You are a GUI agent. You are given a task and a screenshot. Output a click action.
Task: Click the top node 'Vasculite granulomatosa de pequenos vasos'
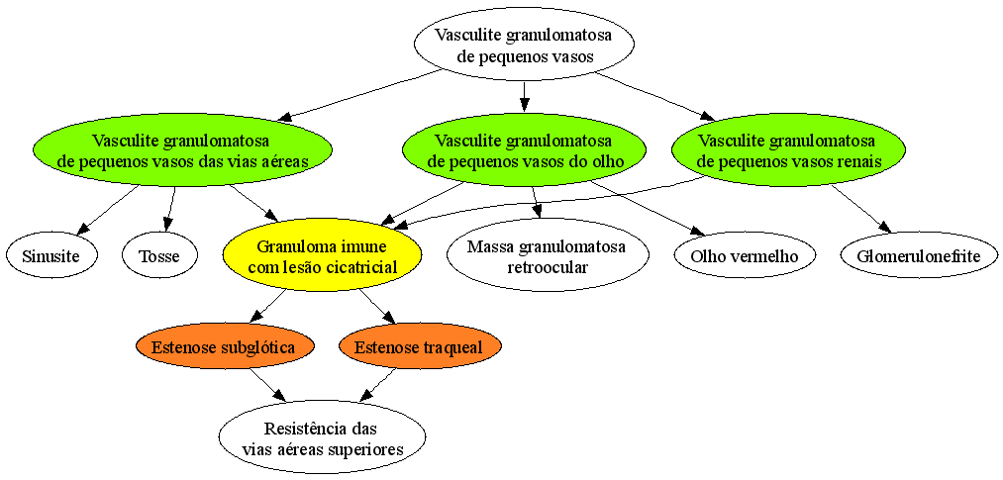tap(524, 45)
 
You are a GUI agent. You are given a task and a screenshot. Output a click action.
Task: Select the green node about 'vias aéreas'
tap(182, 150)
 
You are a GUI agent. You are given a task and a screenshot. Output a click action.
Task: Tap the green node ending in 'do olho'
tap(524, 150)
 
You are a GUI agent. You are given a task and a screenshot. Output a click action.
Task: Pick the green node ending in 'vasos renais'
tap(788, 150)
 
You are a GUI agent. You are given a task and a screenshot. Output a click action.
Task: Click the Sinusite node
tap(51, 256)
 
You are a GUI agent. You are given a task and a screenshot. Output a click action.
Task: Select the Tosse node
tap(160, 256)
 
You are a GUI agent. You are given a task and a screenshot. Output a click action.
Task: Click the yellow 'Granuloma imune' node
tap(322, 256)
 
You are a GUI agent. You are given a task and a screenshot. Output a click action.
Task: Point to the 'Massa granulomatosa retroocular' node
tap(548, 255)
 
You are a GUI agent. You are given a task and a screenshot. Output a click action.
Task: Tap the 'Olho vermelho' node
tap(746, 256)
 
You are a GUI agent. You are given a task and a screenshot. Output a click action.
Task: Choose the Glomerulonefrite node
tap(919, 256)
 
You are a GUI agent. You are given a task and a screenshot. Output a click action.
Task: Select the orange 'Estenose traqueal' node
tap(420, 347)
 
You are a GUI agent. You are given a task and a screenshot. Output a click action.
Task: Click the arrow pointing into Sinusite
tap(109, 210)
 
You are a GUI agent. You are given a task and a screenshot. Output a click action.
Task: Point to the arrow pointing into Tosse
tap(170, 210)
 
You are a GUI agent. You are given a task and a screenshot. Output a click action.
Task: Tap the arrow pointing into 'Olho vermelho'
tap(647, 208)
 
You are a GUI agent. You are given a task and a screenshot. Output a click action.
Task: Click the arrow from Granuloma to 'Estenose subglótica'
tap(266, 305)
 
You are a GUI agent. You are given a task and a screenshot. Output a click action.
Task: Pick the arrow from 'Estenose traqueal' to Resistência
tap(380, 384)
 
